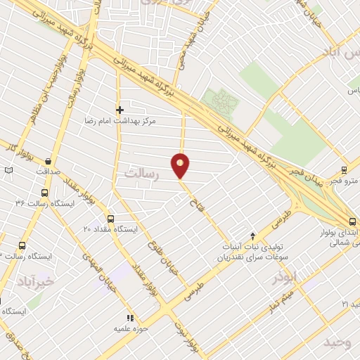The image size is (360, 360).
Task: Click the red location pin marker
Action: coord(181,165)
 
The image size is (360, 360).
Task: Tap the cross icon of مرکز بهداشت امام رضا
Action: coord(120,110)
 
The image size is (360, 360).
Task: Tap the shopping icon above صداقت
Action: coord(48,160)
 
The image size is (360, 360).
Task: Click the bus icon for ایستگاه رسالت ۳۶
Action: coord(45,193)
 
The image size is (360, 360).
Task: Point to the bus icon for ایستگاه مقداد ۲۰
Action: coord(110,219)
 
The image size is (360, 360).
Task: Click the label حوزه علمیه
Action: coord(129,328)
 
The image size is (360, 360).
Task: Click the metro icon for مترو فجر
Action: coord(344,169)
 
